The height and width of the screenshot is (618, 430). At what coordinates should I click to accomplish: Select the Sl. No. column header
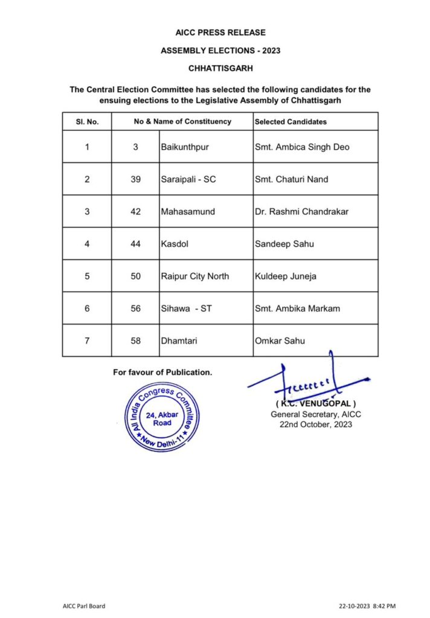coord(87,121)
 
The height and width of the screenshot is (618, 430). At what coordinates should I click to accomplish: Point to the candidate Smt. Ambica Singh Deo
coord(302,147)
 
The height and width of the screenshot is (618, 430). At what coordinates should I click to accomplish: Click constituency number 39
coord(136,179)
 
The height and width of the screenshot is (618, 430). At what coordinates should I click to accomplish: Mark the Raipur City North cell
coord(194,276)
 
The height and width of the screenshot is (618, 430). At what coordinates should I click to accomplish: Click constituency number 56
coord(136,308)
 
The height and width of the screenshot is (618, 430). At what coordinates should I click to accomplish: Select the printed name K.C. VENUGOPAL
coord(316,403)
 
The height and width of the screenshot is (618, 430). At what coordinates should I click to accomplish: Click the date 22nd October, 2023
coord(316,424)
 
